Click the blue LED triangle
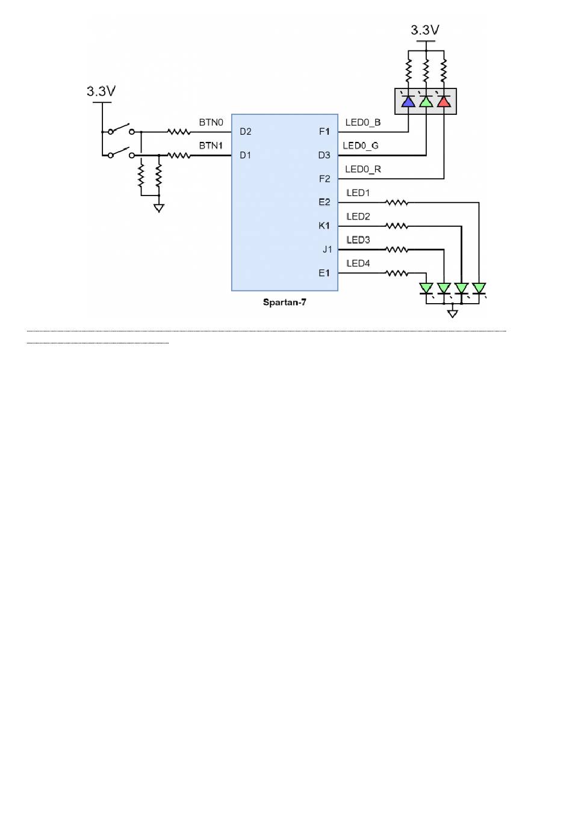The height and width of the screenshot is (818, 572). [408, 102]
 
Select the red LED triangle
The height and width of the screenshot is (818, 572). [443, 102]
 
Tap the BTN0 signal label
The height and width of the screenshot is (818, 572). [211, 122]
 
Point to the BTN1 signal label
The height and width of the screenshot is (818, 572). [211, 146]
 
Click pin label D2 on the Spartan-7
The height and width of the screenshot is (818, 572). [245, 132]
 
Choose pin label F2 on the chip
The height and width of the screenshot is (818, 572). [324, 179]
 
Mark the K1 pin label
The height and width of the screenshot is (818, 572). [324, 226]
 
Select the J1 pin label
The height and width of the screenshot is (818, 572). [327, 250]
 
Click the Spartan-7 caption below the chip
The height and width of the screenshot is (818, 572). [284, 303]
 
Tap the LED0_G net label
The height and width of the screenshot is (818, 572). [361, 146]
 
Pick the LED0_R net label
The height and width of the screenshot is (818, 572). [363, 169]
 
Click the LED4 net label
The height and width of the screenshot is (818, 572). [358, 263]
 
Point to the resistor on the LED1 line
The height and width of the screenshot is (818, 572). [397, 202]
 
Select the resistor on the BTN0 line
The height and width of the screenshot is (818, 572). [179, 132]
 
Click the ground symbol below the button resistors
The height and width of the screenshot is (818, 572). [158, 208]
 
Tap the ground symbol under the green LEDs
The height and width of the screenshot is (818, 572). [452, 313]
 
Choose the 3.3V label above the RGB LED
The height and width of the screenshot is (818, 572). [424, 30]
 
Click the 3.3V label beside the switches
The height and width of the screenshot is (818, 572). [101, 91]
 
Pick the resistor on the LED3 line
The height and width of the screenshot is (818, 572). [397, 250]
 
